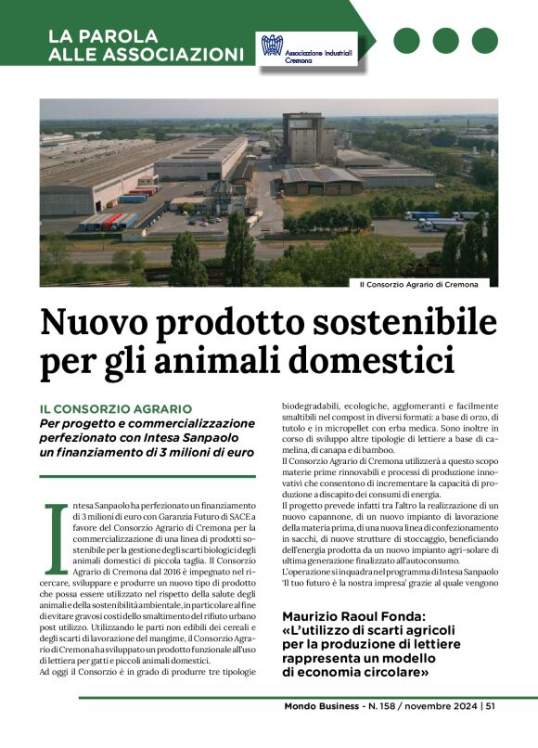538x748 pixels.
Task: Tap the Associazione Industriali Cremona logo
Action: [307, 52]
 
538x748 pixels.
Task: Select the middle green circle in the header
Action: [445, 41]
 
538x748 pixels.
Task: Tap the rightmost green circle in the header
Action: [484, 41]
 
